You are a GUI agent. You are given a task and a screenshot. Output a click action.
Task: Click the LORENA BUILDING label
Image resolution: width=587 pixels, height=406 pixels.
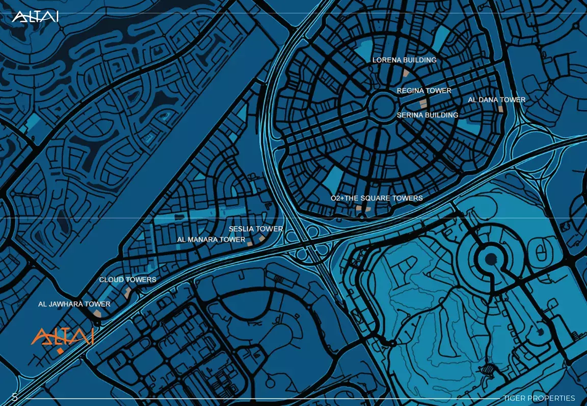[404, 60]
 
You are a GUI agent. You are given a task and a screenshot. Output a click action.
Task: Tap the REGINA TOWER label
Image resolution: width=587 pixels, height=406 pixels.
[424, 91]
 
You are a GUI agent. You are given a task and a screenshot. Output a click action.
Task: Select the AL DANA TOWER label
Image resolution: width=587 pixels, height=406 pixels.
[496, 100]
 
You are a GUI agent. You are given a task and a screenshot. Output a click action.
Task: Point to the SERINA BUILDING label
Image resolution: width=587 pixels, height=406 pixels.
[427, 115]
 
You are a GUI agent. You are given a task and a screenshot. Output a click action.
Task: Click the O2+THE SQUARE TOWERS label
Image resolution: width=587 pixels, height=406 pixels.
[377, 198]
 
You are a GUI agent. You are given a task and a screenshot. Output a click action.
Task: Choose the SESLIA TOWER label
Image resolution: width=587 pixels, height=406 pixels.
[255, 229]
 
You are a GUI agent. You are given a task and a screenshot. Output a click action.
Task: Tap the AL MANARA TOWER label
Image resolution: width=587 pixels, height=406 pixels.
[211, 239]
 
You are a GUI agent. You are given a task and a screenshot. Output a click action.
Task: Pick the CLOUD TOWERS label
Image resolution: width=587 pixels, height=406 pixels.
[127, 280]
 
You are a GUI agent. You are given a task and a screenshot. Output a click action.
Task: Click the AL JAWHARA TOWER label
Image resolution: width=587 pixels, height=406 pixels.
[74, 304]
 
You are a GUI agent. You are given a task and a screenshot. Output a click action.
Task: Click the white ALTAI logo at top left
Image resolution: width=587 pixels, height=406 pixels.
[35, 17]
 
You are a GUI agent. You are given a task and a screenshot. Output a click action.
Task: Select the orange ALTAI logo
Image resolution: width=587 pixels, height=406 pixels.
[62, 336]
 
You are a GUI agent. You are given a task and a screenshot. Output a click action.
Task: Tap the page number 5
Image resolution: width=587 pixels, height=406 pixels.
[15, 397]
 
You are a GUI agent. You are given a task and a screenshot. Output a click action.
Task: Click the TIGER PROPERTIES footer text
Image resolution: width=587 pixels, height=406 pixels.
[539, 398]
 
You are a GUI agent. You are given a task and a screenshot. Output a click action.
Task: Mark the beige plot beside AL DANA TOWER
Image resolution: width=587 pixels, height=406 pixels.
[501, 109]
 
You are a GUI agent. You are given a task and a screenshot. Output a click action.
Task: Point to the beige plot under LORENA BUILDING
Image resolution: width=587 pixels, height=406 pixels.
[406, 72]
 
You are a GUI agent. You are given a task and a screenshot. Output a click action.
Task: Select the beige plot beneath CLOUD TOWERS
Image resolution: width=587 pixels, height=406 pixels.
[127, 292]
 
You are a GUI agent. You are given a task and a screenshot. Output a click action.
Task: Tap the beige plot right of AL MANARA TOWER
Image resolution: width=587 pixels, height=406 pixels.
[250, 244]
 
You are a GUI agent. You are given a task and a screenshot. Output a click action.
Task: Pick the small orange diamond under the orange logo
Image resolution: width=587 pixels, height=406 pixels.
[60, 351]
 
